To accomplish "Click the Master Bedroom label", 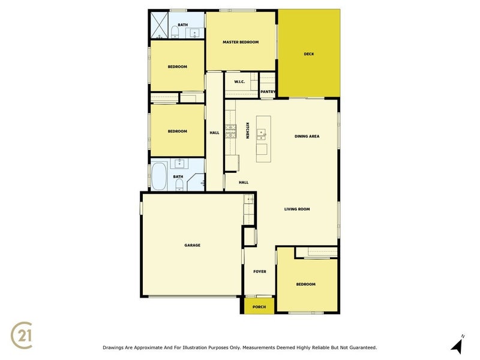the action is coord(241,42).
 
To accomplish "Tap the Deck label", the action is coord(309,54).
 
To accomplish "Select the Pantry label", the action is coord(268,92).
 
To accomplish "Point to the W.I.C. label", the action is coord(239,82).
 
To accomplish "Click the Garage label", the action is coord(192,245).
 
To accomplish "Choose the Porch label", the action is coord(259,307).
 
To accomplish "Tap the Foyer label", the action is coord(260,272).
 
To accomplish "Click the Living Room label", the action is coord(297,209).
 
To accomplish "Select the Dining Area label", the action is coord(307,137).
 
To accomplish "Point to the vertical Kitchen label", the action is coord(247,131).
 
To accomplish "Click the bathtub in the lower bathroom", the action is coord(159,176).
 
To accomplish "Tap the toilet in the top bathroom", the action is coord(175,32).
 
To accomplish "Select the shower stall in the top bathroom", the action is coord(159,25).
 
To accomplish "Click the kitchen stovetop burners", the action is coord(231,131).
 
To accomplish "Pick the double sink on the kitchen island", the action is coord(261,134).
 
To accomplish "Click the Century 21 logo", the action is coord(21,335).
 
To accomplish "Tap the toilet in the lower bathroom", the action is coord(179,185).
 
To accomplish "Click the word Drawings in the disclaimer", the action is coord(113,348).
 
